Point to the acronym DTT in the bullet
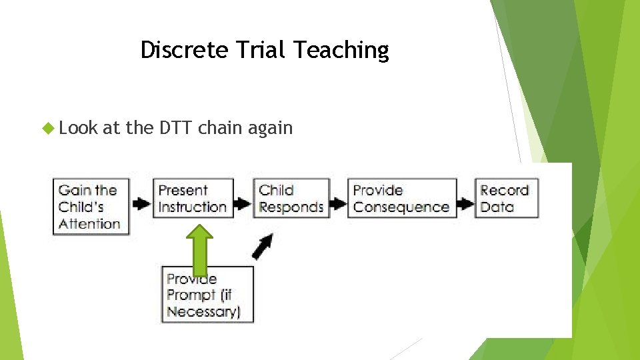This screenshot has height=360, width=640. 176,127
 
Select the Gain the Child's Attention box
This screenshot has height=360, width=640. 91,207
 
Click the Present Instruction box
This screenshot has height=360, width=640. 193,199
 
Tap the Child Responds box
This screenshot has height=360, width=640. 291,199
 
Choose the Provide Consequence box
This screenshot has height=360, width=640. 401,199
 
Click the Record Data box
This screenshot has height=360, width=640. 505,199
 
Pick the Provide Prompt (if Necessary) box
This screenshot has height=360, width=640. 208,295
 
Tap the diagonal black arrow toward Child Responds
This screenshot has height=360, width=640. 262,246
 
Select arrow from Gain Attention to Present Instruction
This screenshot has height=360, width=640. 141,203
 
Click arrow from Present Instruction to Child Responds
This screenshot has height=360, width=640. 243,203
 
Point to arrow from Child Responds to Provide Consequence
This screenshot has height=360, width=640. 339,203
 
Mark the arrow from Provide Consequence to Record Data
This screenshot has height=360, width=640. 465,203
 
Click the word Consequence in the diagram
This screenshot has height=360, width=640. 401,207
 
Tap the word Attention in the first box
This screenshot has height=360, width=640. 89,224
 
